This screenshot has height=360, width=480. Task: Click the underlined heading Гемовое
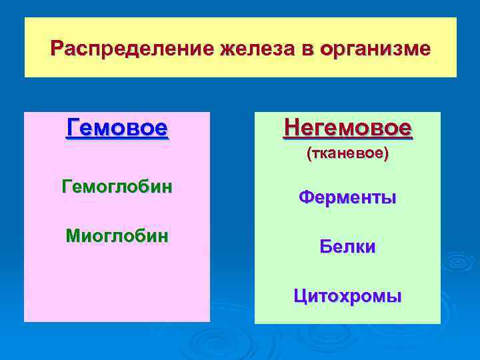(x=117, y=127)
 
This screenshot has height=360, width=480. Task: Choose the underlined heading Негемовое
(x=347, y=127)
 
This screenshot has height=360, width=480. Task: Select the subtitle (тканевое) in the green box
(x=347, y=153)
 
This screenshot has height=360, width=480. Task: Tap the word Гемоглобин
(x=117, y=186)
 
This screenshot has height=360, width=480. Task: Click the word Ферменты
(x=347, y=197)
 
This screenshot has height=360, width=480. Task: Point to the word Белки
(x=347, y=247)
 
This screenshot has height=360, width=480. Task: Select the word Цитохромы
(x=347, y=296)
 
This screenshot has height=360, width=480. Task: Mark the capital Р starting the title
(x=57, y=49)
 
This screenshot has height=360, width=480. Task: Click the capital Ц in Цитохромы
(x=299, y=296)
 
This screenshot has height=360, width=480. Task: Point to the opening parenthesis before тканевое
(x=308, y=153)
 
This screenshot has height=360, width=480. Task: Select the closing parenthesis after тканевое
(x=387, y=153)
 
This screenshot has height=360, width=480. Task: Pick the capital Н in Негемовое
(x=291, y=127)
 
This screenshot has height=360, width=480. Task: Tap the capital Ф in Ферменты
(x=305, y=197)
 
